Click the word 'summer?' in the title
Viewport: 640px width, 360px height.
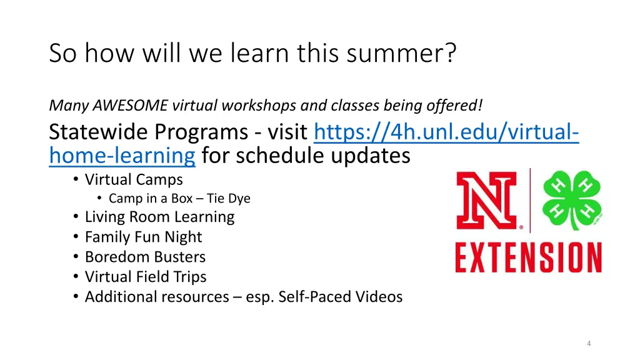click(402, 53)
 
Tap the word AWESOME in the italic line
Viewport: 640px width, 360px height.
click(130, 105)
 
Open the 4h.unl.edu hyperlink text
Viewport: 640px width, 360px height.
click(314, 143)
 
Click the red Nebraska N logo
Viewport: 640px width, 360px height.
click(487, 201)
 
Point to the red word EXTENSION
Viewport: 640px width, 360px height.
click(529, 257)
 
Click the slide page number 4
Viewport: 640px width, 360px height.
click(589, 343)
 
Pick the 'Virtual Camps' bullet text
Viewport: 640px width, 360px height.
click(134, 179)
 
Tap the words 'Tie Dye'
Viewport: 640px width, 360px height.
click(229, 198)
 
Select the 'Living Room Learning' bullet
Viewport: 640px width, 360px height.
click(159, 217)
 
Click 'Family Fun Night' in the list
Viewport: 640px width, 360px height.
click(143, 237)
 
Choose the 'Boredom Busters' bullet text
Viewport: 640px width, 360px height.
click(145, 257)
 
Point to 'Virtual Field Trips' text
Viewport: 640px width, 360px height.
click(146, 277)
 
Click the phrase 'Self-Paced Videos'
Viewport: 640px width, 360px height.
click(341, 297)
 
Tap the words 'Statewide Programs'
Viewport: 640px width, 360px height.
click(149, 132)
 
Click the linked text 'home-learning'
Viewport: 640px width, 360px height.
click(122, 156)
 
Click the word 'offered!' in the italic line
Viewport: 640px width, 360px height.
click(454, 105)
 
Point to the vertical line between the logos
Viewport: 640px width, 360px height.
click(530, 201)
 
